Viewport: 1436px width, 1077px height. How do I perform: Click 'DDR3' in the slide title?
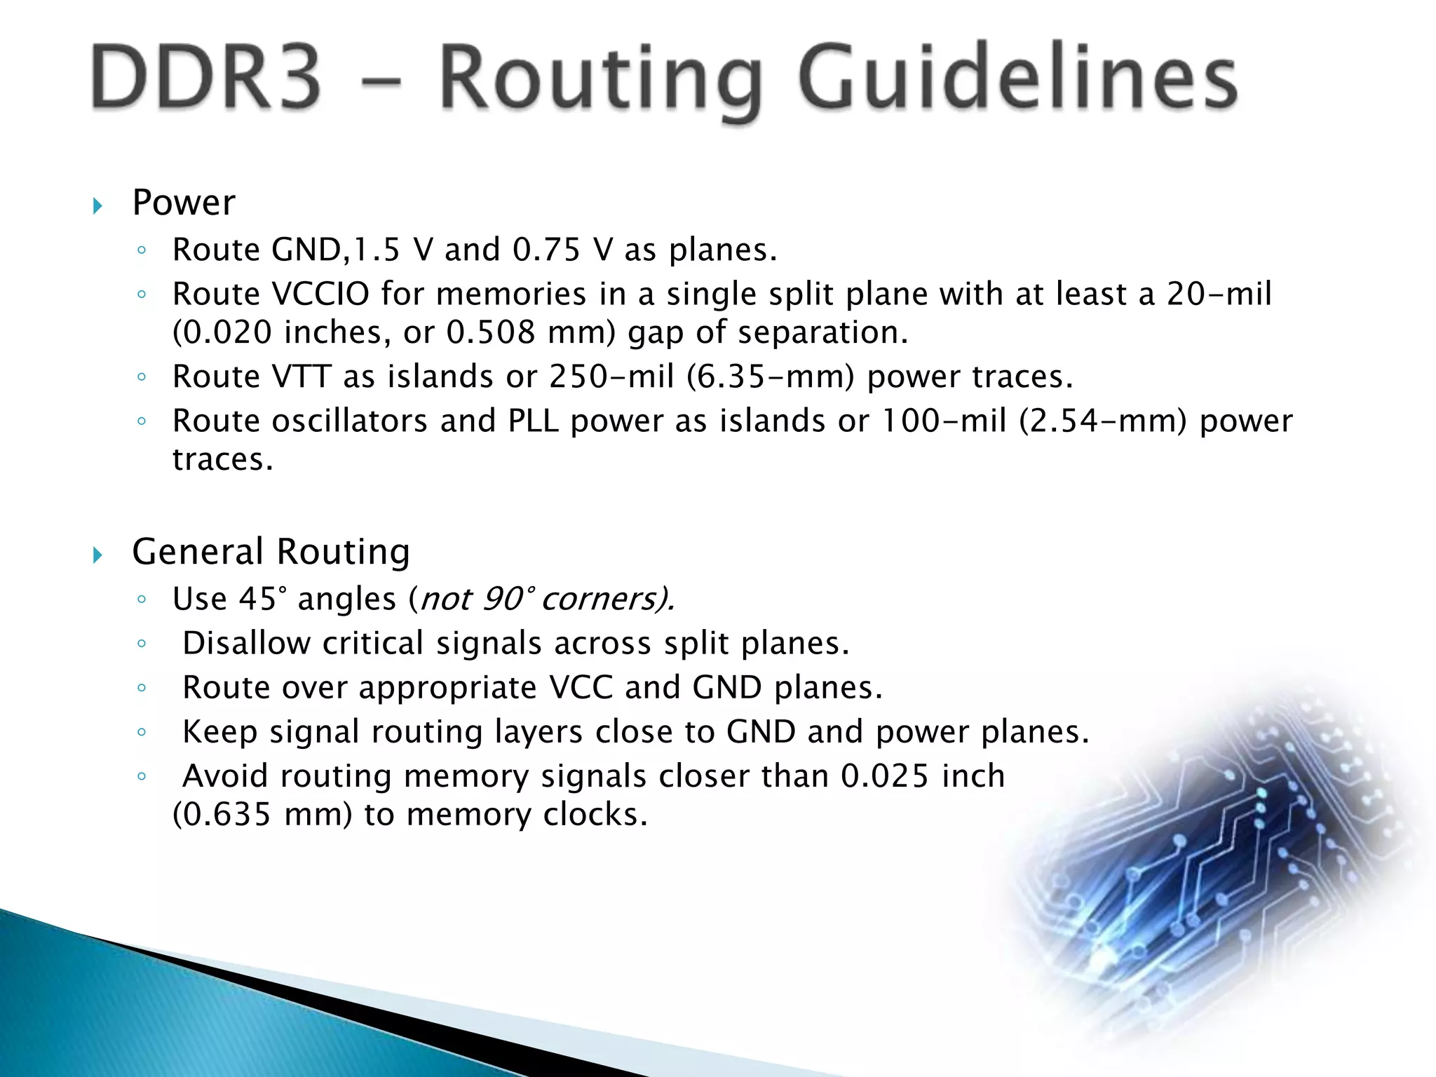coord(205,76)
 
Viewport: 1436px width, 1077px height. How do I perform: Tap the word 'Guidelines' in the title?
coord(1017,79)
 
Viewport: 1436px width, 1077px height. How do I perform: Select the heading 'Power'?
coord(184,203)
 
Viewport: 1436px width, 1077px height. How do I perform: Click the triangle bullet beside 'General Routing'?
coord(98,556)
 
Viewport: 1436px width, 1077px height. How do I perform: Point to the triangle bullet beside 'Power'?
coord(98,206)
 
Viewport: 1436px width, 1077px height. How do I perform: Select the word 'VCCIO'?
coord(320,294)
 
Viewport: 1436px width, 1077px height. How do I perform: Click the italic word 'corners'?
coord(598,600)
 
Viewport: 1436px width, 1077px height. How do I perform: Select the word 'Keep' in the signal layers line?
coord(220,732)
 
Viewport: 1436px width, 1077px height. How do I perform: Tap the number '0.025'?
coord(885,776)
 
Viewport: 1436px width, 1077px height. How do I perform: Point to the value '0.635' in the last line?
coord(222,815)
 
